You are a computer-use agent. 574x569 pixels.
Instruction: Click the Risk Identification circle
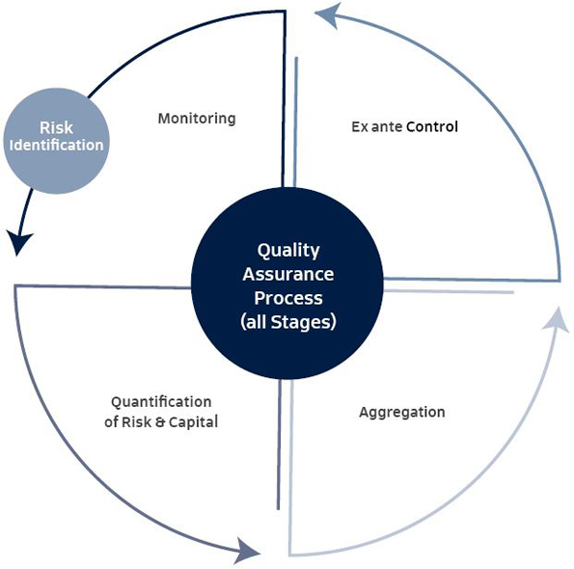click(x=56, y=141)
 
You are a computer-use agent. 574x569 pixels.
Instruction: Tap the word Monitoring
click(x=197, y=119)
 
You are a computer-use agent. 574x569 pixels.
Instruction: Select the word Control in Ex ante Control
click(x=432, y=126)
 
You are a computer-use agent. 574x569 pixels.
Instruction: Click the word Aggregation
click(x=402, y=413)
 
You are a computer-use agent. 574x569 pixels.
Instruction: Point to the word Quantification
click(x=161, y=402)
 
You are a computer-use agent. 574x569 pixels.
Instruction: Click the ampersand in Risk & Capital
click(x=160, y=421)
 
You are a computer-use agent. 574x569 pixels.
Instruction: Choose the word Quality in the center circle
click(x=288, y=251)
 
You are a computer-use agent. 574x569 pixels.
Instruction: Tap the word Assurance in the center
click(x=288, y=275)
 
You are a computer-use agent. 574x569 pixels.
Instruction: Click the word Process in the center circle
click(x=288, y=298)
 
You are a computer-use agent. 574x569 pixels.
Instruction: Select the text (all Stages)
click(x=288, y=322)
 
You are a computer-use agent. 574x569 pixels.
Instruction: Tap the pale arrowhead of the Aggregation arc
click(x=557, y=319)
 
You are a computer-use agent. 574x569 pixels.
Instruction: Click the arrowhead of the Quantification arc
click(x=247, y=551)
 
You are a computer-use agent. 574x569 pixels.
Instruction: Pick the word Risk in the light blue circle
click(x=56, y=128)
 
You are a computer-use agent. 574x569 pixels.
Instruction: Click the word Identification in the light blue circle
click(x=56, y=146)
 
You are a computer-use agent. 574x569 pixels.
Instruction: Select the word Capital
click(x=193, y=422)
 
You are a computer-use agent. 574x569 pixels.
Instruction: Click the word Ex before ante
click(x=360, y=127)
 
